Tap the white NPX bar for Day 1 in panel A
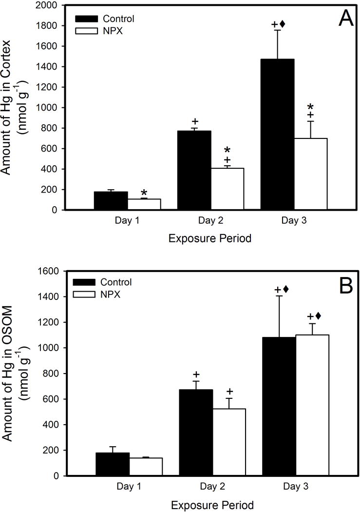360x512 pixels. coord(144,204)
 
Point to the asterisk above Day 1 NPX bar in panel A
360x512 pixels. coord(144,194)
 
